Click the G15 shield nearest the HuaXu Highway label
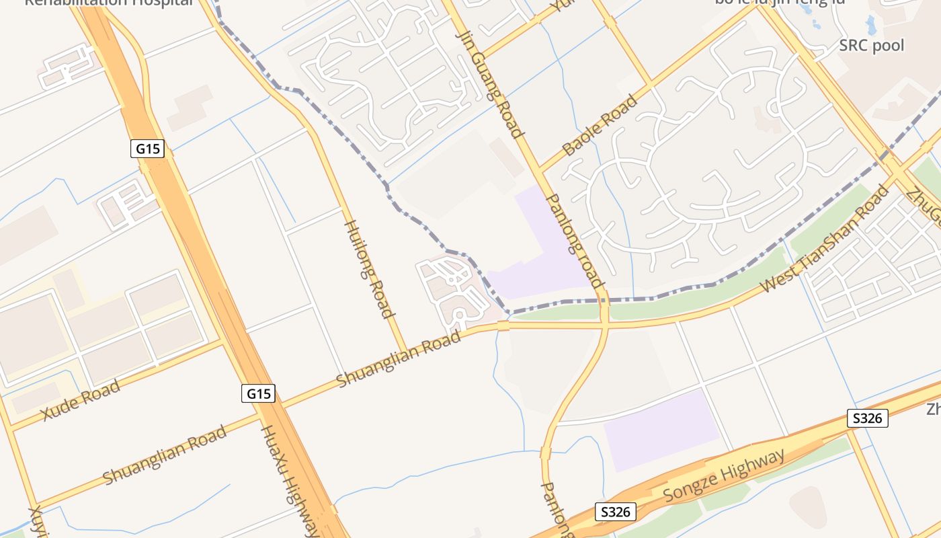pos(258,393)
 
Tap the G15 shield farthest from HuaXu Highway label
pos(147,149)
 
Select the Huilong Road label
pos(368,268)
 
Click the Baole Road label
pos(600,126)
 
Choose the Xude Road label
pos(81,400)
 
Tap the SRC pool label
pos(871,46)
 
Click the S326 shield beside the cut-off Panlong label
pos(615,512)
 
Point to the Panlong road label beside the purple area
pos(575,240)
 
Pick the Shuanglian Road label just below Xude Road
pos(165,455)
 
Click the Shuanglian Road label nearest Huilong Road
pos(399,357)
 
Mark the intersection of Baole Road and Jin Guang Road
pos(539,169)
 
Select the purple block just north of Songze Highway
pos(661,430)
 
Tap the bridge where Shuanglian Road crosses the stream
pos(503,326)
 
